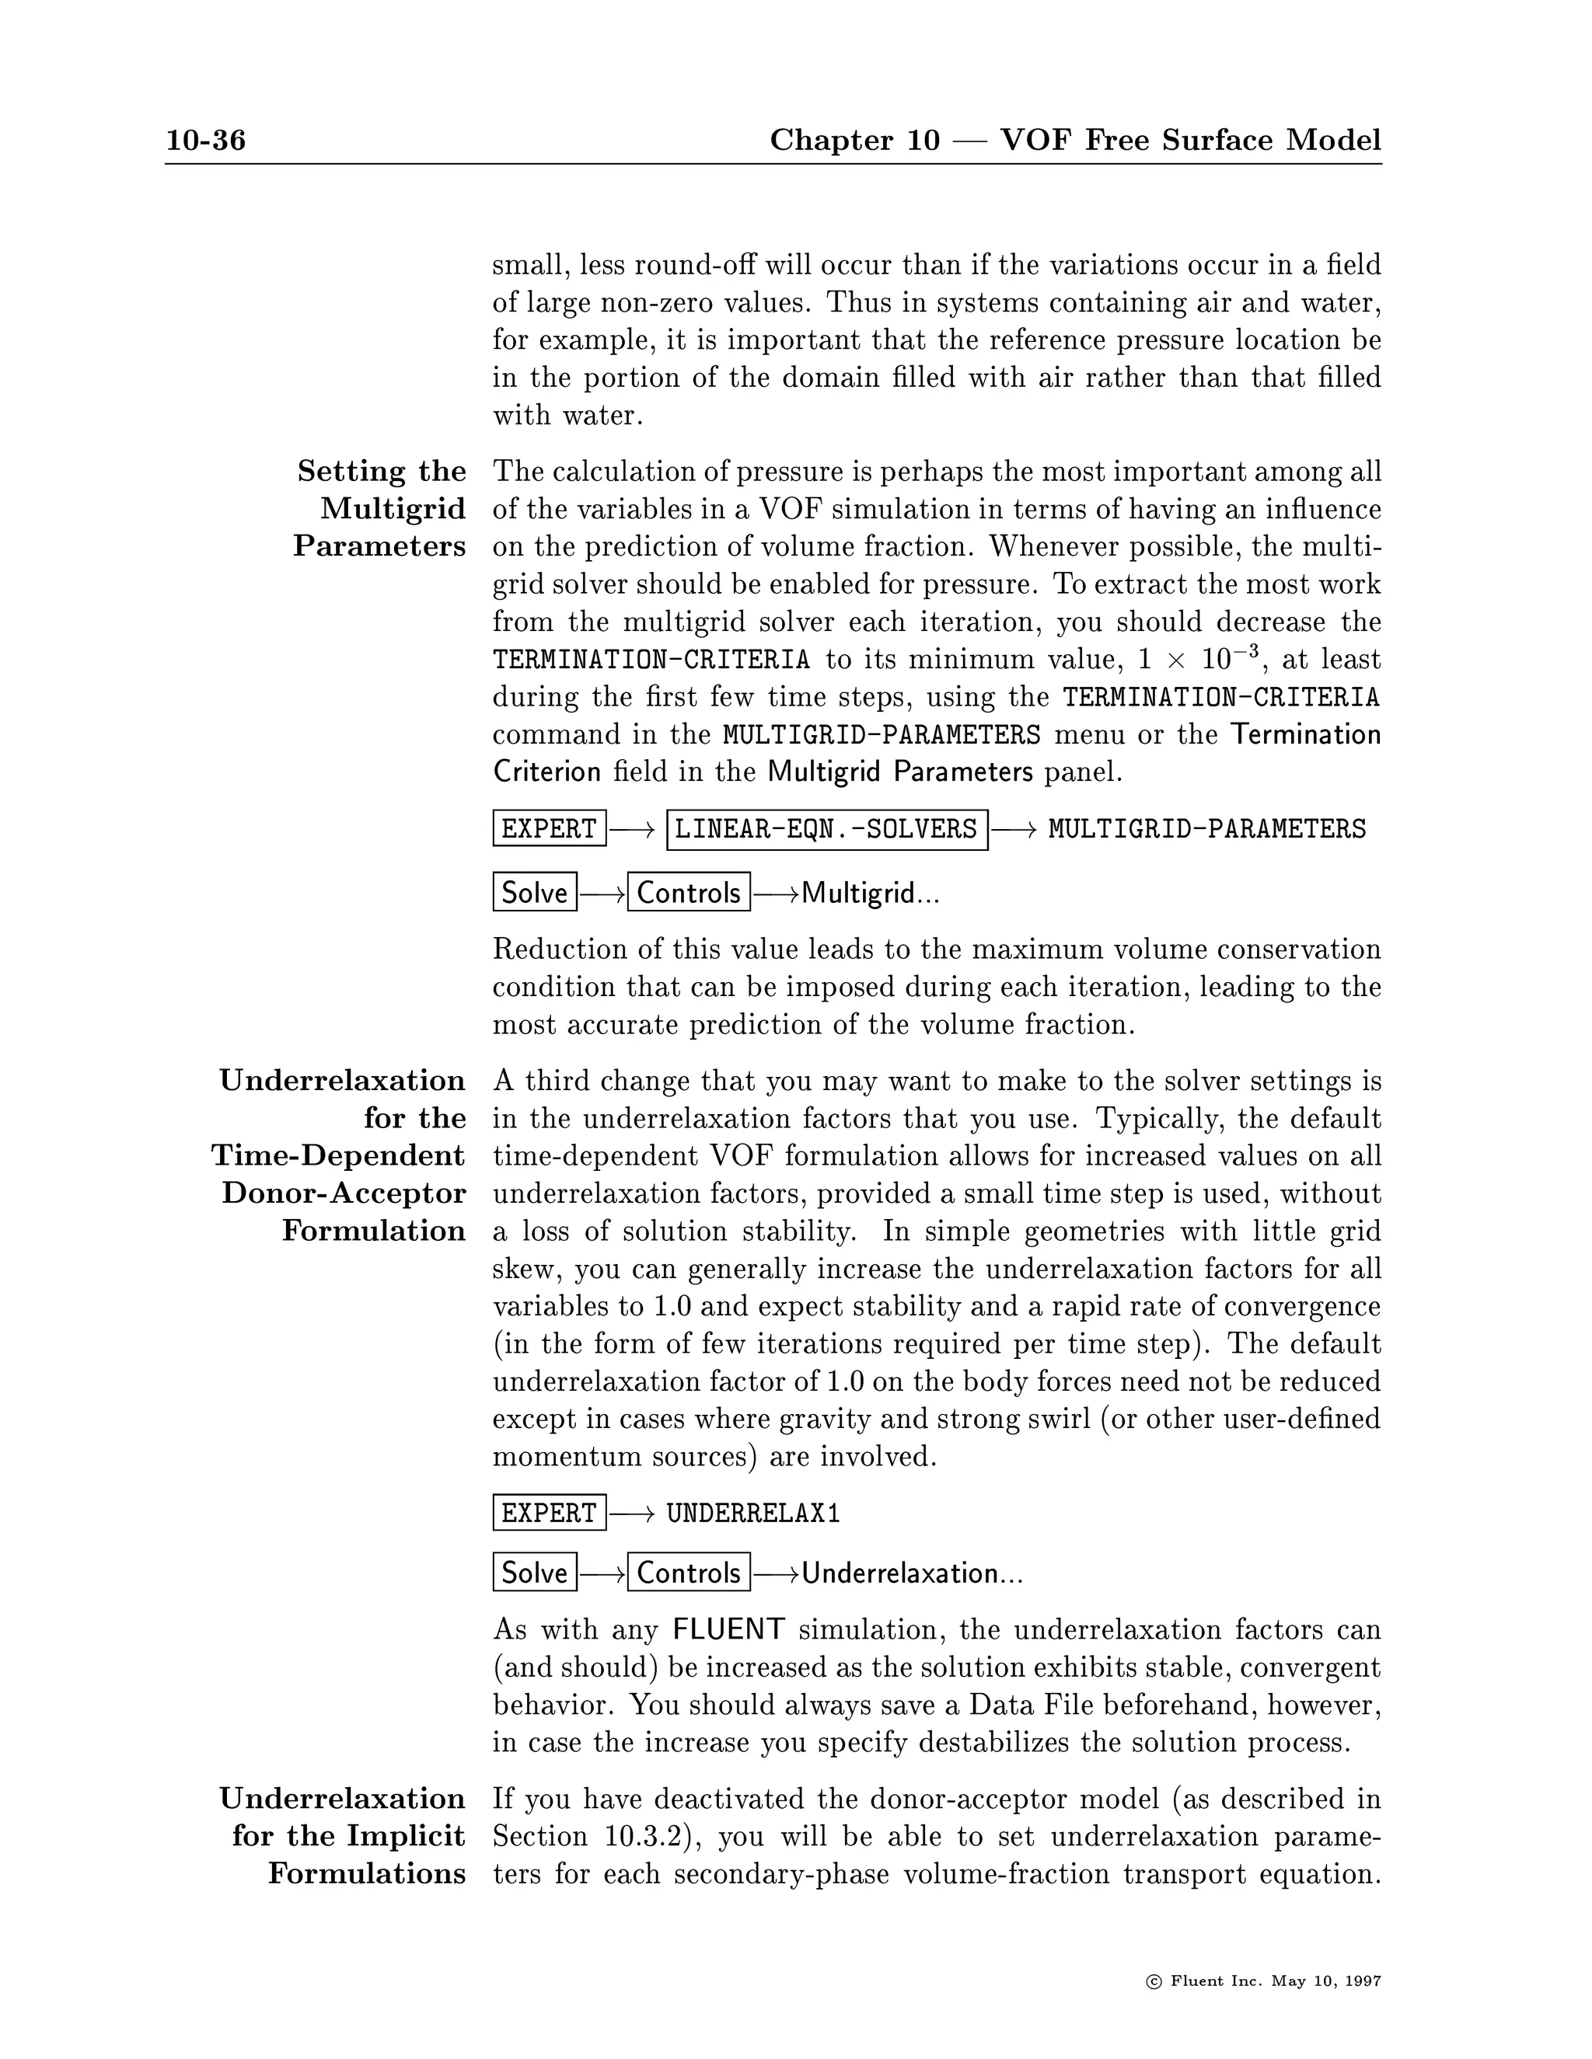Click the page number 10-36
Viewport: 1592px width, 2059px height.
[x=205, y=141]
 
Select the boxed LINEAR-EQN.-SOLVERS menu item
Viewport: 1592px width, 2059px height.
[x=826, y=830]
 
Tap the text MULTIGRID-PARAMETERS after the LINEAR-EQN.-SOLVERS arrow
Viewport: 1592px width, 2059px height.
[x=1206, y=830]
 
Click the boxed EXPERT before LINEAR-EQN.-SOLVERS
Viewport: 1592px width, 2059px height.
[x=549, y=830]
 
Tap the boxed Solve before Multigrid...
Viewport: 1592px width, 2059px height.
[x=535, y=893]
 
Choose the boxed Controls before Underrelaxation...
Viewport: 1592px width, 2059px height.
[x=689, y=1573]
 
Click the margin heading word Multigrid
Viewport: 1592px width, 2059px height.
[x=393, y=509]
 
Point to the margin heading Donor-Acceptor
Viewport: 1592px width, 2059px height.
[x=344, y=1193]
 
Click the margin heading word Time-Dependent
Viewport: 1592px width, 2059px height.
[x=337, y=1156]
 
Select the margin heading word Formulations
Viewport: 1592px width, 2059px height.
[x=367, y=1874]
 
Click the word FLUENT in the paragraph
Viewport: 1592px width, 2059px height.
[x=728, y=1630]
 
